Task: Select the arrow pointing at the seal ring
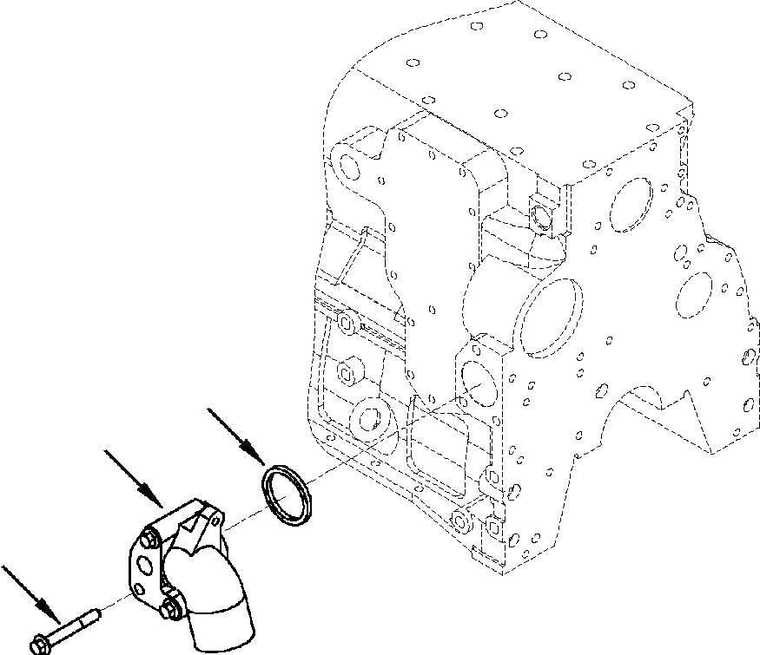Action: tap(237, 436)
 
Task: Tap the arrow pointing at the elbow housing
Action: tap(133, 477)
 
